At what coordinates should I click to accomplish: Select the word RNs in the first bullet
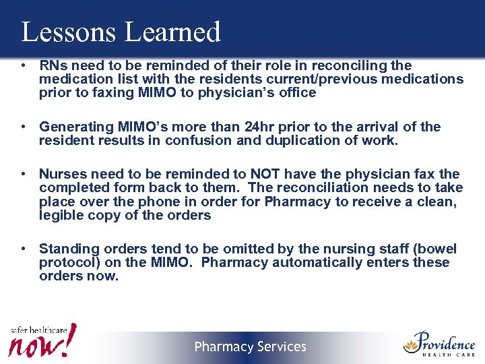[x=53, y=65]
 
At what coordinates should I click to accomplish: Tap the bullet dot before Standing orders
[x=24, y=249]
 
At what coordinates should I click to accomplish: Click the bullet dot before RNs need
[x=24, y=65]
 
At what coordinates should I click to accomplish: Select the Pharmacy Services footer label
[x=251, y=347]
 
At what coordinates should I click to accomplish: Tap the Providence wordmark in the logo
[x=445, y=341]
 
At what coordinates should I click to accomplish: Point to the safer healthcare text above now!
[x=38, y=330]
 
